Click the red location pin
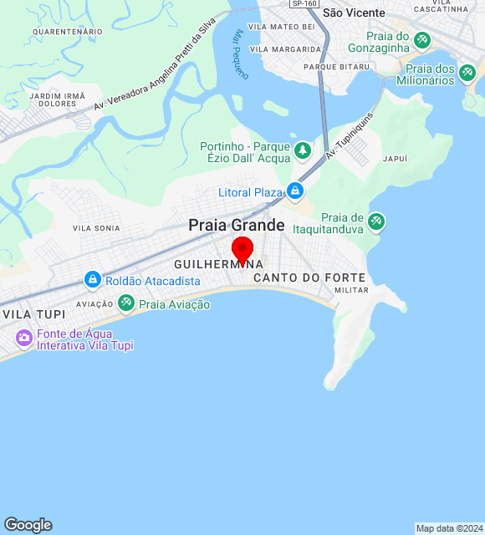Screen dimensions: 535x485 242,250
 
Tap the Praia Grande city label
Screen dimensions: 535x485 237,225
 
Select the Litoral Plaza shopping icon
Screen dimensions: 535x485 294,192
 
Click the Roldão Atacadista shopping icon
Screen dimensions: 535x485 93,280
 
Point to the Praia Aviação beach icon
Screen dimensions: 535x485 126,303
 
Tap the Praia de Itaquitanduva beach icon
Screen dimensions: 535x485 376,221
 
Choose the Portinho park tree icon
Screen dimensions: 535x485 302,151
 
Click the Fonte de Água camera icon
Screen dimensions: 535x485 23,338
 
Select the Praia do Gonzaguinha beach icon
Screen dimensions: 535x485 422,39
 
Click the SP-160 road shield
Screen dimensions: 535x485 303,3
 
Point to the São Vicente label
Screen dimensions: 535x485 354,13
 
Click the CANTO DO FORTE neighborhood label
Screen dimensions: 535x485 309,277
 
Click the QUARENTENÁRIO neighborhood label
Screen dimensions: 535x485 67,31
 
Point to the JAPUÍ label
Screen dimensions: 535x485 394,158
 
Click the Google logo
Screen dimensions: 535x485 28,524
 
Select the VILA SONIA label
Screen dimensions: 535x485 96,228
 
